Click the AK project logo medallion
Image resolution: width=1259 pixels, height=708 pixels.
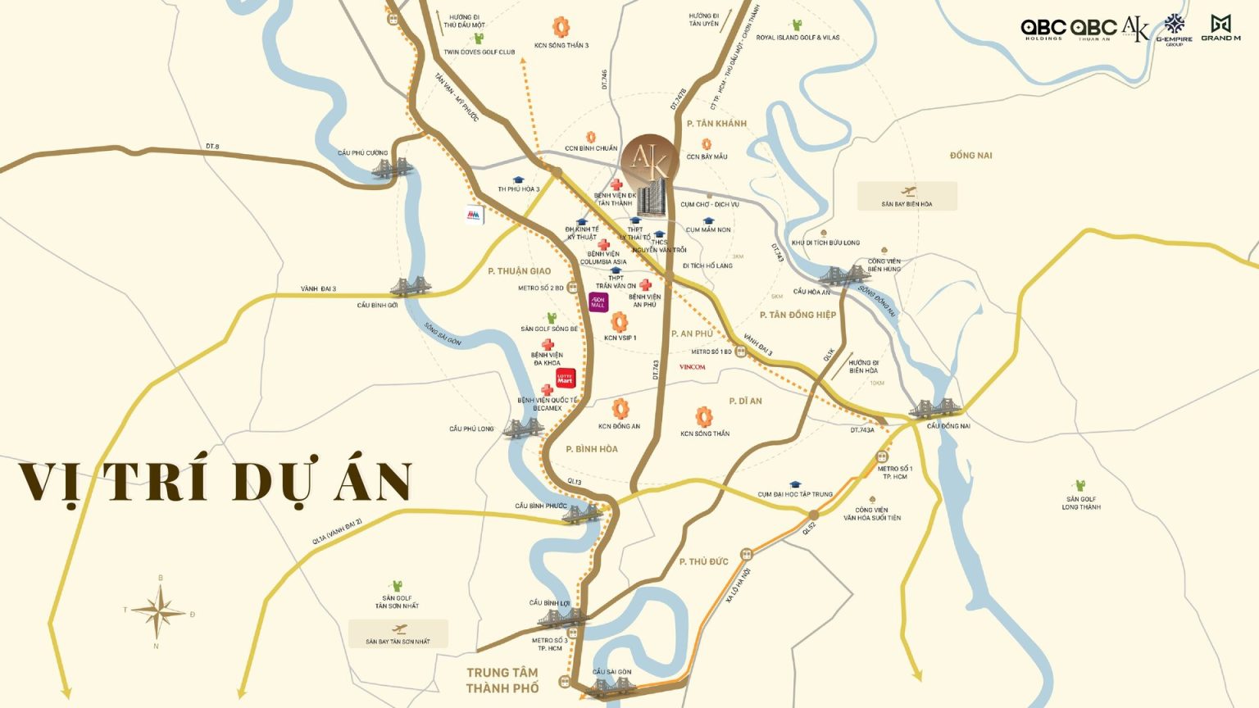click(650, 159)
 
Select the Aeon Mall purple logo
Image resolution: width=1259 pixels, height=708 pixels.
click(598, 302)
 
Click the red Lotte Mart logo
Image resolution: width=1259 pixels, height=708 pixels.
click(566, 378)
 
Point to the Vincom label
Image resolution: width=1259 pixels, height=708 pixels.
click(692, 367)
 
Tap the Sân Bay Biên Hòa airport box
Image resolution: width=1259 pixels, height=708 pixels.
click(907, 197)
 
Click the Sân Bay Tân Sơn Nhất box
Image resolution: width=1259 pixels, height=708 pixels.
click(398, 634)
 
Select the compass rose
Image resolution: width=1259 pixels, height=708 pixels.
click(158, 611)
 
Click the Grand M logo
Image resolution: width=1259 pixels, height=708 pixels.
click(1220, 28)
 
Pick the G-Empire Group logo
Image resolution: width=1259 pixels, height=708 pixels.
click(1175, 29)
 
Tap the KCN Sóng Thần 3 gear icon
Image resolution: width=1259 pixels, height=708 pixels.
click(561, 27)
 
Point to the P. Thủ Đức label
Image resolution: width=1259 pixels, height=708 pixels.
click(703, 561)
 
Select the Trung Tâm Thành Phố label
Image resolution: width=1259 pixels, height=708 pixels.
click(502, 680)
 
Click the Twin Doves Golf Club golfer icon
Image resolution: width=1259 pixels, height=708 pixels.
click(479, 38)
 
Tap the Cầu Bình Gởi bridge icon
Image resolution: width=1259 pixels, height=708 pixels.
click(407, 287)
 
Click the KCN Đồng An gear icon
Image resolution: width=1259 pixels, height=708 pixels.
click(620, 408)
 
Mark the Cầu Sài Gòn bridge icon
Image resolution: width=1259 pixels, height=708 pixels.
click(610, 687)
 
